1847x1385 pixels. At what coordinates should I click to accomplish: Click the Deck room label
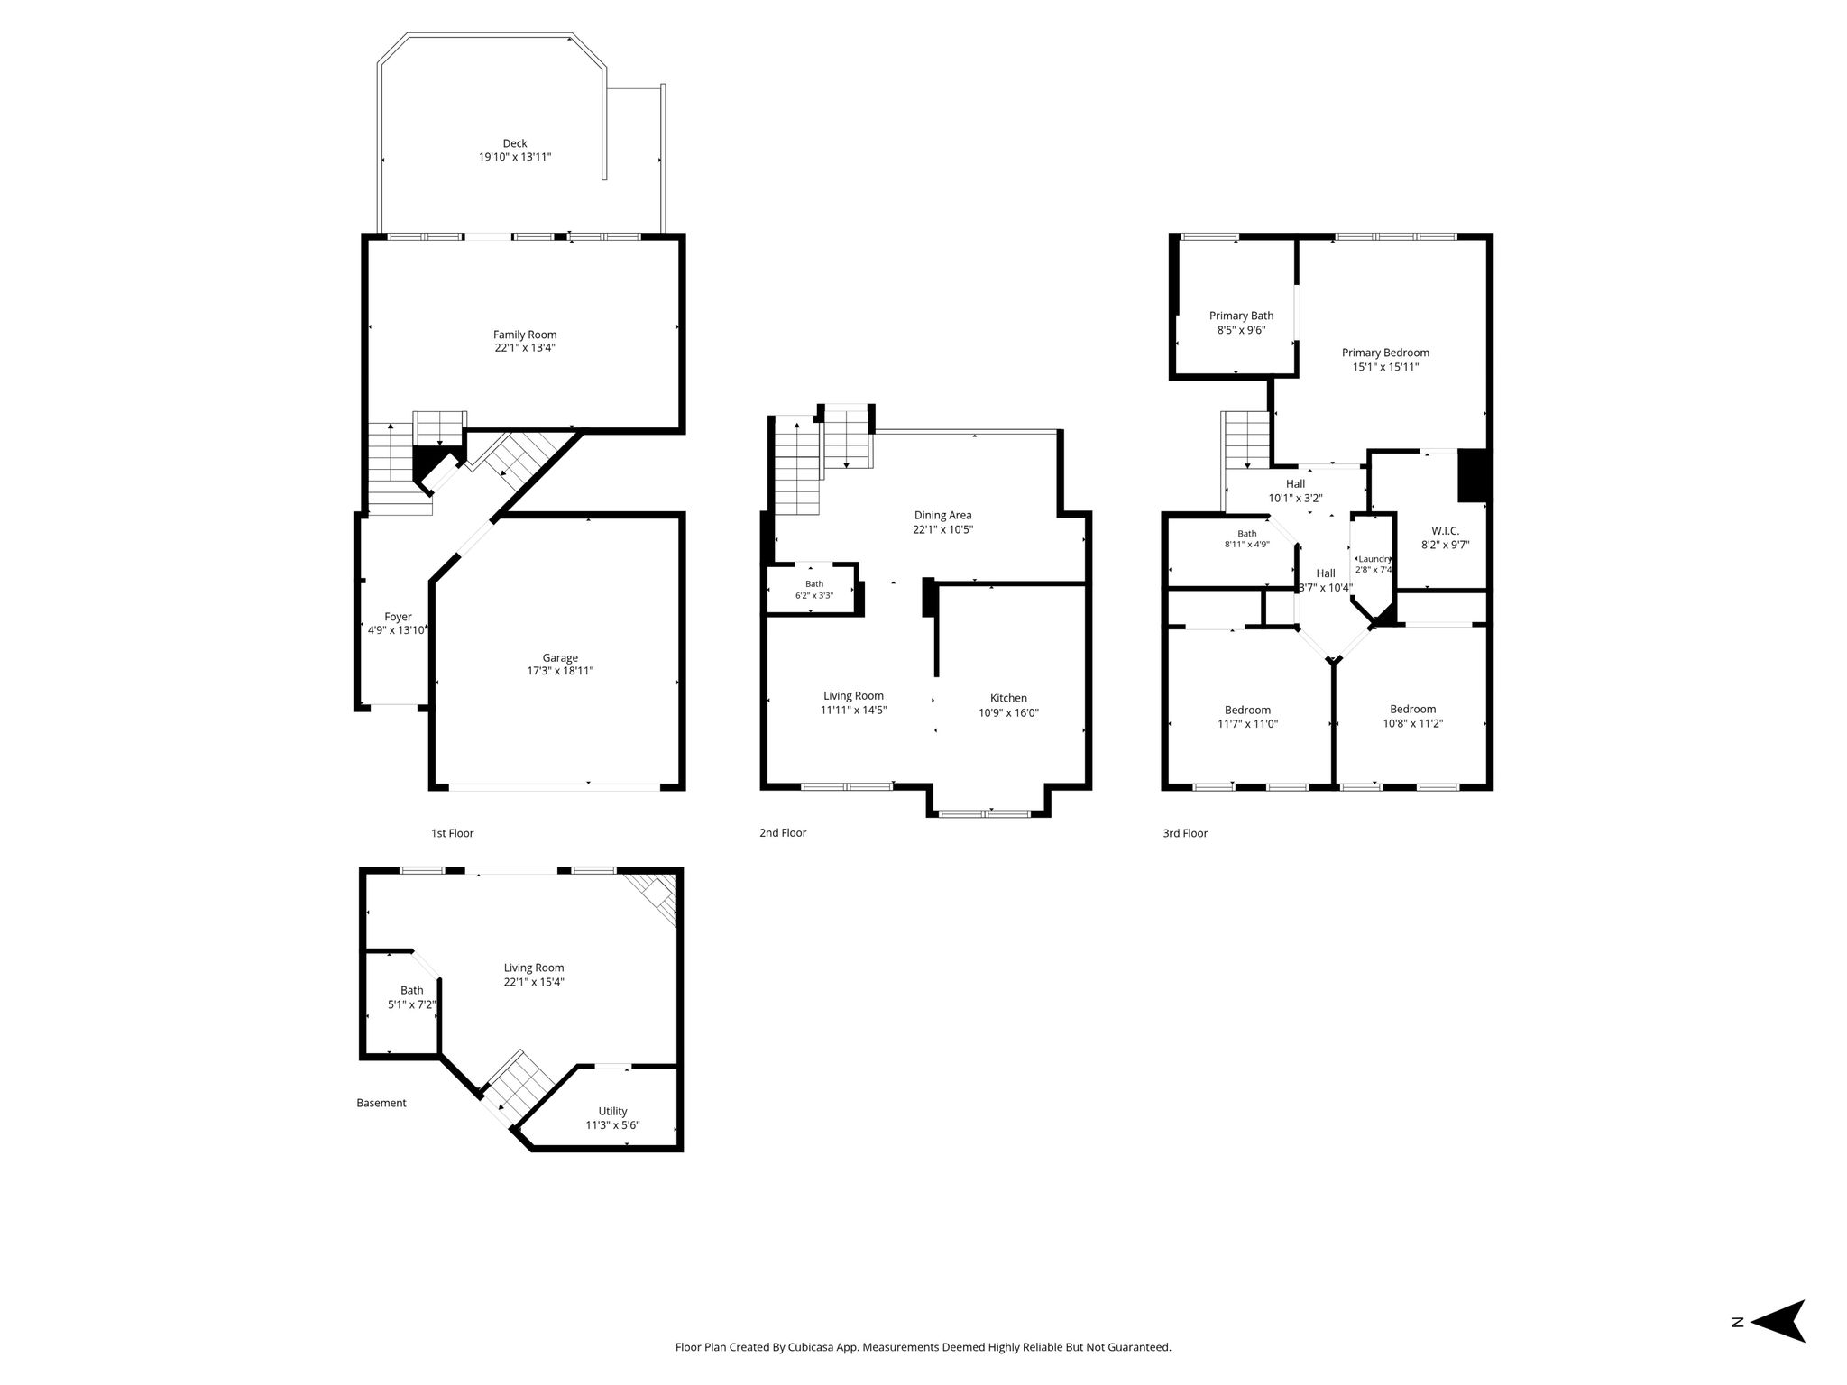pyautogui.click(x=515, y=143)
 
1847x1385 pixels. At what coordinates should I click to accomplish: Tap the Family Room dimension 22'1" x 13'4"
pyautogui.click(x=525, y=348)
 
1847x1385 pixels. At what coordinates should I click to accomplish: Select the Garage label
pyautogui.click(x=560, y=658)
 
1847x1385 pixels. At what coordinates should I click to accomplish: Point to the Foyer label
pyautogui.click(x=398, y=617)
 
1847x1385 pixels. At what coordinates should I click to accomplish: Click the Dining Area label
pyautogui.click(x=942, y=516)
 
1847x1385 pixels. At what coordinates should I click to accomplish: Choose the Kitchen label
pyautogui.click(x=1008, y=698)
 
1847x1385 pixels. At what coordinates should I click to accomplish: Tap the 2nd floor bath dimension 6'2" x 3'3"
pyautogui.click(x=813, y=596)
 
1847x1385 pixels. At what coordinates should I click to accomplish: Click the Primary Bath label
pyautogui.click(x=1241, y=316)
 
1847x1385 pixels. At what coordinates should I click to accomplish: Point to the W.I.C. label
pyautogui.click(x=1445, y=531)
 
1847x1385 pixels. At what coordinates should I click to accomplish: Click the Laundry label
pyautogui.click(x=1374, y=559)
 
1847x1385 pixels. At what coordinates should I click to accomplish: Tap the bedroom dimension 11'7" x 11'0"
pyautogui.click(x=1247, y=724)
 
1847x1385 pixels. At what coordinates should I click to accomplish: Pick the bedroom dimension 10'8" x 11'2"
pyautogui.click(x=1413, y=723)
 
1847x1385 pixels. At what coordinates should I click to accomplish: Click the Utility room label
pyautogui.click(x=612, y=1111)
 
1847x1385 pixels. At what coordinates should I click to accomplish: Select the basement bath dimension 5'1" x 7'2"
pyautogui.click(x=411, y=1004)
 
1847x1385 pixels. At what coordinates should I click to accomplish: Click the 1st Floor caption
pyautogui.click(x=452, y=833)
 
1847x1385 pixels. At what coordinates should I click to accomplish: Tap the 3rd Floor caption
pyautogui.click(x=1185, y=833)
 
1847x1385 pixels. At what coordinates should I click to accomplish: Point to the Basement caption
pyautogui.click(x=381, y=1103)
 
